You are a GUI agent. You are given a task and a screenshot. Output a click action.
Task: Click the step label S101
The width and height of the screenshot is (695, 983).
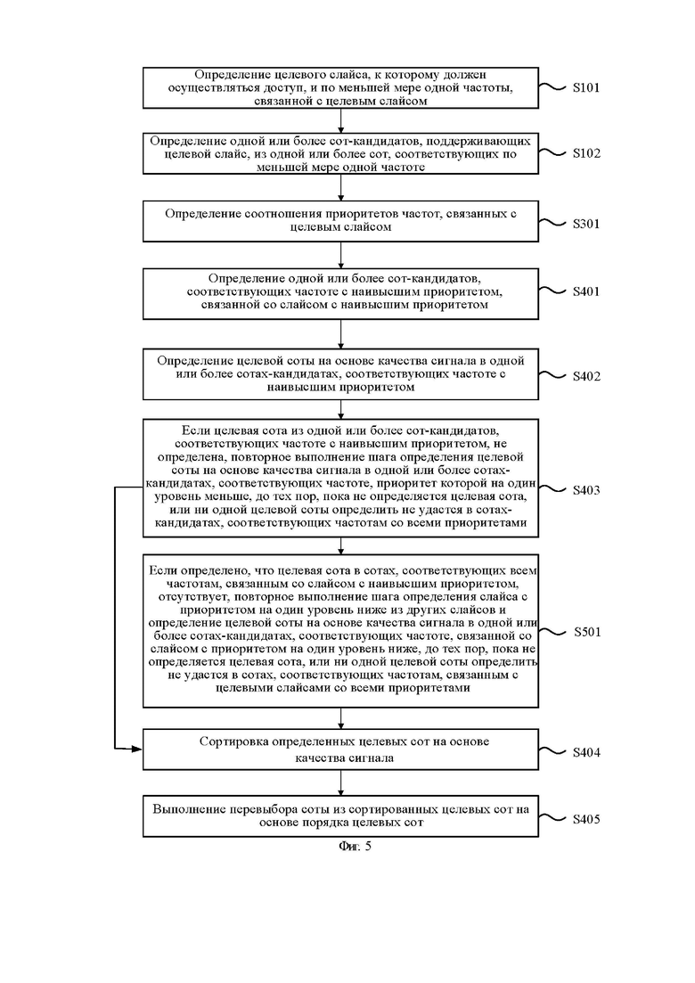[x=586, y=87]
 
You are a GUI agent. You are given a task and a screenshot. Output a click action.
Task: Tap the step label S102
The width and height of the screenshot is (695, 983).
[x=586, y=153]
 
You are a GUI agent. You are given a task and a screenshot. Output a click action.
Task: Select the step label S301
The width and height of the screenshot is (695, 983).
[x=586, y=224]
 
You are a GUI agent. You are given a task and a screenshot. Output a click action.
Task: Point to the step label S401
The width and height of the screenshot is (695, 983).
[x=586, y=291]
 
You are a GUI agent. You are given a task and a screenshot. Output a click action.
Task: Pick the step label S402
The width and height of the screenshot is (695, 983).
[x=586, y=376]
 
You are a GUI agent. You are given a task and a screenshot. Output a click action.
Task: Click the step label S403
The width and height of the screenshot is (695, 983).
[x=586, y=490]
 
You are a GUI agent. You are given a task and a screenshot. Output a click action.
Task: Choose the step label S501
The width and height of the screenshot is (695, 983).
[x=587, y=632]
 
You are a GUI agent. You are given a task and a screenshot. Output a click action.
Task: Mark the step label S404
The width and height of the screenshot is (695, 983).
[x=586, y=752]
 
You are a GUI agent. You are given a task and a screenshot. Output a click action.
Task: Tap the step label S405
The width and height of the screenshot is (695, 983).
[x=586, y=819]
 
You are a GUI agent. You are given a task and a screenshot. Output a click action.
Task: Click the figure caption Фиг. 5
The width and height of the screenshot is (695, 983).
[x=356, y=847]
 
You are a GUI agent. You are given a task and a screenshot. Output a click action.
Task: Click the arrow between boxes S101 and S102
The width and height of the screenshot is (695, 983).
[x=341, y=121]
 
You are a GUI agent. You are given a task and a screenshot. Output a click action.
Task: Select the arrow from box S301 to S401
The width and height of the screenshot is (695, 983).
[x=341, y=255]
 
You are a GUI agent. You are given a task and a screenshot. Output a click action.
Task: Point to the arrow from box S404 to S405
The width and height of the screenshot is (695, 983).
[x=341, y=783]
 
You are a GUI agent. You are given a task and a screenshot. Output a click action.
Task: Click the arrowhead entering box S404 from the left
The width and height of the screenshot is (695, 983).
[x=138, y=749]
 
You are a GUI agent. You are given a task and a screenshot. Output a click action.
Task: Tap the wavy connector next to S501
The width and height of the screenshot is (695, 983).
[x=553, y=632]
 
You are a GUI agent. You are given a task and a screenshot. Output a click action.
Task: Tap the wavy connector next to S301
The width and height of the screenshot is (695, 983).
[x=552, y=223]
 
